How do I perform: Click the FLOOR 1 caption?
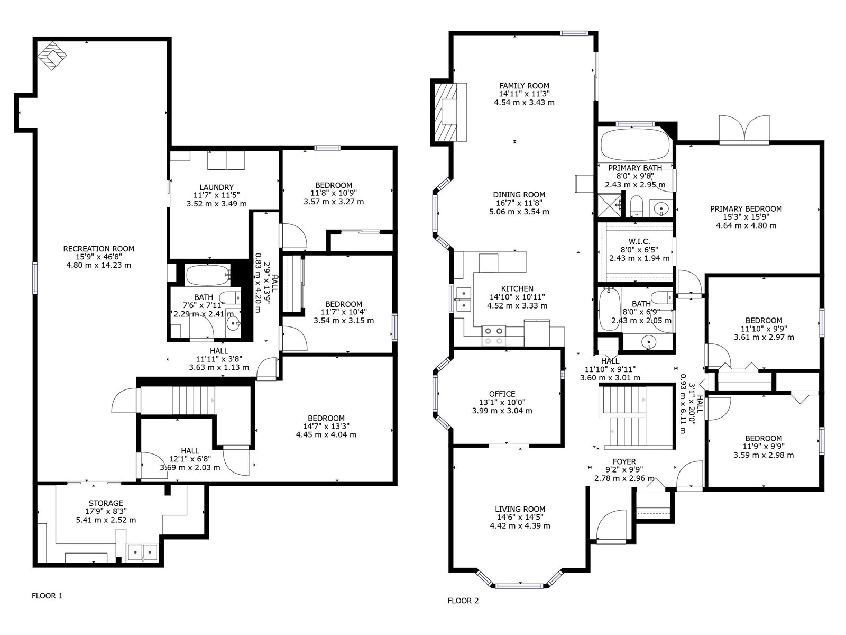(x=47, y=596)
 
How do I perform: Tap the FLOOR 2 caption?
(x=463, y=601)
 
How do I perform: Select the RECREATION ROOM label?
(x=99, y=249)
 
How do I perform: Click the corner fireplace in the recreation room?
(x=52, y=56)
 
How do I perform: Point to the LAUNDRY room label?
(x=217, y=187)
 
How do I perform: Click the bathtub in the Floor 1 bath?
(x=208, y=275)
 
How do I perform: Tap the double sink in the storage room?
(x=142, y=552)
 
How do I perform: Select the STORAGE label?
(x=106, y=503)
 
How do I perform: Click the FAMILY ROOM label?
(x=524, y=86)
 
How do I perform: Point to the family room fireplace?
(x=448, y=113)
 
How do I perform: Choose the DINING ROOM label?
(x=519, y=195)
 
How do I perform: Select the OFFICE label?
(x=502, y=394)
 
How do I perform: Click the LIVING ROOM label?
(x=520, y=509)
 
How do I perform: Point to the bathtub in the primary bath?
(x=636, y=144)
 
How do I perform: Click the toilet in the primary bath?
(x=636, y=206)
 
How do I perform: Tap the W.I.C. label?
(x=639, y=241)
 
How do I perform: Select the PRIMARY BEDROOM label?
(x=746, y=209)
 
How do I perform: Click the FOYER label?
(x=624, y=461)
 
